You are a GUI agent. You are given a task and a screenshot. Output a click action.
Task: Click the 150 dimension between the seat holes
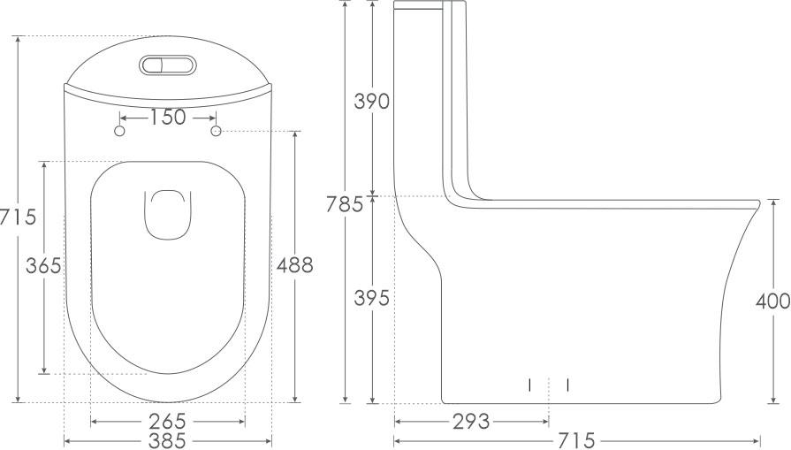[x=168, y=117]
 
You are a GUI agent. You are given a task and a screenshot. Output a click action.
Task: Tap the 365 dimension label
[x=42, y=265]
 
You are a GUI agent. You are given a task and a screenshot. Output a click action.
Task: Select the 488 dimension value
[x=294, y=264]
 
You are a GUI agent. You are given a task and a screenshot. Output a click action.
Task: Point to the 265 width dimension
[x=167, y=420]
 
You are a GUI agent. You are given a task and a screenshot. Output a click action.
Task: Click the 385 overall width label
[x=167, y=439]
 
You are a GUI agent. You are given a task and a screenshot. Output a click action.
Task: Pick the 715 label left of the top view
[x=18, y=216]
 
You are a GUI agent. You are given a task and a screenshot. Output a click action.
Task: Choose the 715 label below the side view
[x=576, y=439]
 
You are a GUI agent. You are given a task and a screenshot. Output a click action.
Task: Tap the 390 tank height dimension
[x=371, y=101]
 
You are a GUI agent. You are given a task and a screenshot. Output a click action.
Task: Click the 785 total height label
[x=344, y=204]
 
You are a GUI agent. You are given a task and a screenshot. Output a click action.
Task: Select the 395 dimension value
[x=371, y=299]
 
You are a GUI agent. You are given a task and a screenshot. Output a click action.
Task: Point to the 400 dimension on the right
[x=772, y=301]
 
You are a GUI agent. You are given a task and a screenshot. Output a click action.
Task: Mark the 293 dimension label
[x=471, y=421]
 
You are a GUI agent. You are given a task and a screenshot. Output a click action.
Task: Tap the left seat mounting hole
[x=120, y=131]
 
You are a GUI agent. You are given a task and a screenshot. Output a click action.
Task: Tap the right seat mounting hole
[x=216, y=131]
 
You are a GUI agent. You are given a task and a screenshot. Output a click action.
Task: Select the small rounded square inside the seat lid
[x=168, y=216]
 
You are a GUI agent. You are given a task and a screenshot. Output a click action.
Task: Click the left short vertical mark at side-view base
[x=529, y=385]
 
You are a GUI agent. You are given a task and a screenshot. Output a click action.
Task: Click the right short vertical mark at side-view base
[x=567, y=385]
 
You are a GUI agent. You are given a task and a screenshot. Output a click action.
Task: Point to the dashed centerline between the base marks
[x=549, y=389]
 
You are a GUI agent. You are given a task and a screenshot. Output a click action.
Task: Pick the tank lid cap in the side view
[x=428, y=6]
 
